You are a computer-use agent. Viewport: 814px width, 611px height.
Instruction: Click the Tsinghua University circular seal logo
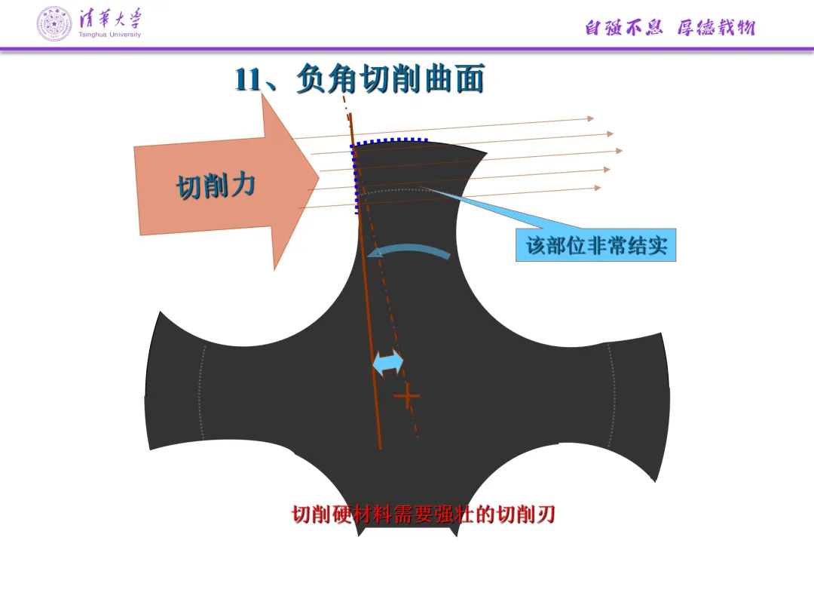click(55, 23)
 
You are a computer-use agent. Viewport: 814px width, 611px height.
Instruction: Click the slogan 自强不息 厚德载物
click(669, 28)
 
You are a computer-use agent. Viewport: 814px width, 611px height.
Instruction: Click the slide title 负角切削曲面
click(390, 79)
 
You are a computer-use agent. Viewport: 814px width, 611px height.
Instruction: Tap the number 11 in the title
click(249, 80)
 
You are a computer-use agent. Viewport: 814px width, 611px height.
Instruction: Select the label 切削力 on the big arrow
click(215, 185)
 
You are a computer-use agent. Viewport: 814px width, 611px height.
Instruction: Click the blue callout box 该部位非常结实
click(595, 245)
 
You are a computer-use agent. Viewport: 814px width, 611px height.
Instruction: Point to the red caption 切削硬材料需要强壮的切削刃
click(424, 514)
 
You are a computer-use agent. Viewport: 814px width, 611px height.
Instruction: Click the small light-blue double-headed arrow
click(389, 363)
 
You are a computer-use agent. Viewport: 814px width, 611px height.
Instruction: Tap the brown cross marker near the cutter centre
click(407, 395)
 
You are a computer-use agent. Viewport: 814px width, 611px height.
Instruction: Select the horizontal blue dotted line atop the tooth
click(390, 140)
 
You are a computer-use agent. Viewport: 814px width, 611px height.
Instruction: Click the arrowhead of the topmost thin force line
click(591, 118)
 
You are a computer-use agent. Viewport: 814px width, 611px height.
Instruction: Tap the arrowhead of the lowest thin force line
click(598, 188)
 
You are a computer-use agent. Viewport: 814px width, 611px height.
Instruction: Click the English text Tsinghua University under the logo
click(110, 35)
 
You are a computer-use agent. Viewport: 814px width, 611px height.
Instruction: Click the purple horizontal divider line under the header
click(407, 49)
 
